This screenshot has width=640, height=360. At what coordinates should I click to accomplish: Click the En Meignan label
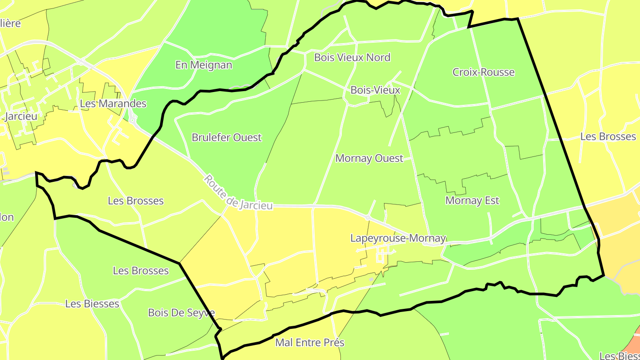(x=204, y=65)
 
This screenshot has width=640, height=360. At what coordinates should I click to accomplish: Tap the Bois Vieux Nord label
(x=352, y=57)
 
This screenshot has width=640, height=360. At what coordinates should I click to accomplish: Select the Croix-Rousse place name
(x=484, y=72)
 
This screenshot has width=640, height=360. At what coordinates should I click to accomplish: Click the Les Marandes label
(x=113, y=104)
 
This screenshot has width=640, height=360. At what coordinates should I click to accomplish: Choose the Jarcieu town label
(x=20, y=116)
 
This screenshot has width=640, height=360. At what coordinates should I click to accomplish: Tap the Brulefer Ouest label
(x=227, y=137)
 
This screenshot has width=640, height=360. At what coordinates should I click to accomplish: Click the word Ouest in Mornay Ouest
(x=389, y=158)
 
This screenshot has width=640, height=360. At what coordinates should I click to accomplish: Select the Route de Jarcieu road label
(x=238, y=192)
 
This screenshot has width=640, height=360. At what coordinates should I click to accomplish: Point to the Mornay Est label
(x=472, y=200)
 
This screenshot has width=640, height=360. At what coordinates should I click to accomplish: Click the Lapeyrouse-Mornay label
(x=398, y=238)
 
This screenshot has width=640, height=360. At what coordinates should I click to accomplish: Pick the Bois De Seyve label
(x=181, y=312)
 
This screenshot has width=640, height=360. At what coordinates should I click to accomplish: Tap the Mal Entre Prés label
(x=310, y=342)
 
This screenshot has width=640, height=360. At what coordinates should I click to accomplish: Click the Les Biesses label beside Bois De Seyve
(x=92, y=304)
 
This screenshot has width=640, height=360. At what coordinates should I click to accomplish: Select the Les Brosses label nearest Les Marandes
(x=136, y=201)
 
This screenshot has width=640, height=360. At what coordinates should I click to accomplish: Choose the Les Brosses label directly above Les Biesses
(x=140, y=271)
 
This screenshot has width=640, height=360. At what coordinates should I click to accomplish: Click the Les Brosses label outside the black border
(x=608, y=136)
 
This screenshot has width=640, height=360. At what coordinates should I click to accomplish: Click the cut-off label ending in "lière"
(x=10, y=23)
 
